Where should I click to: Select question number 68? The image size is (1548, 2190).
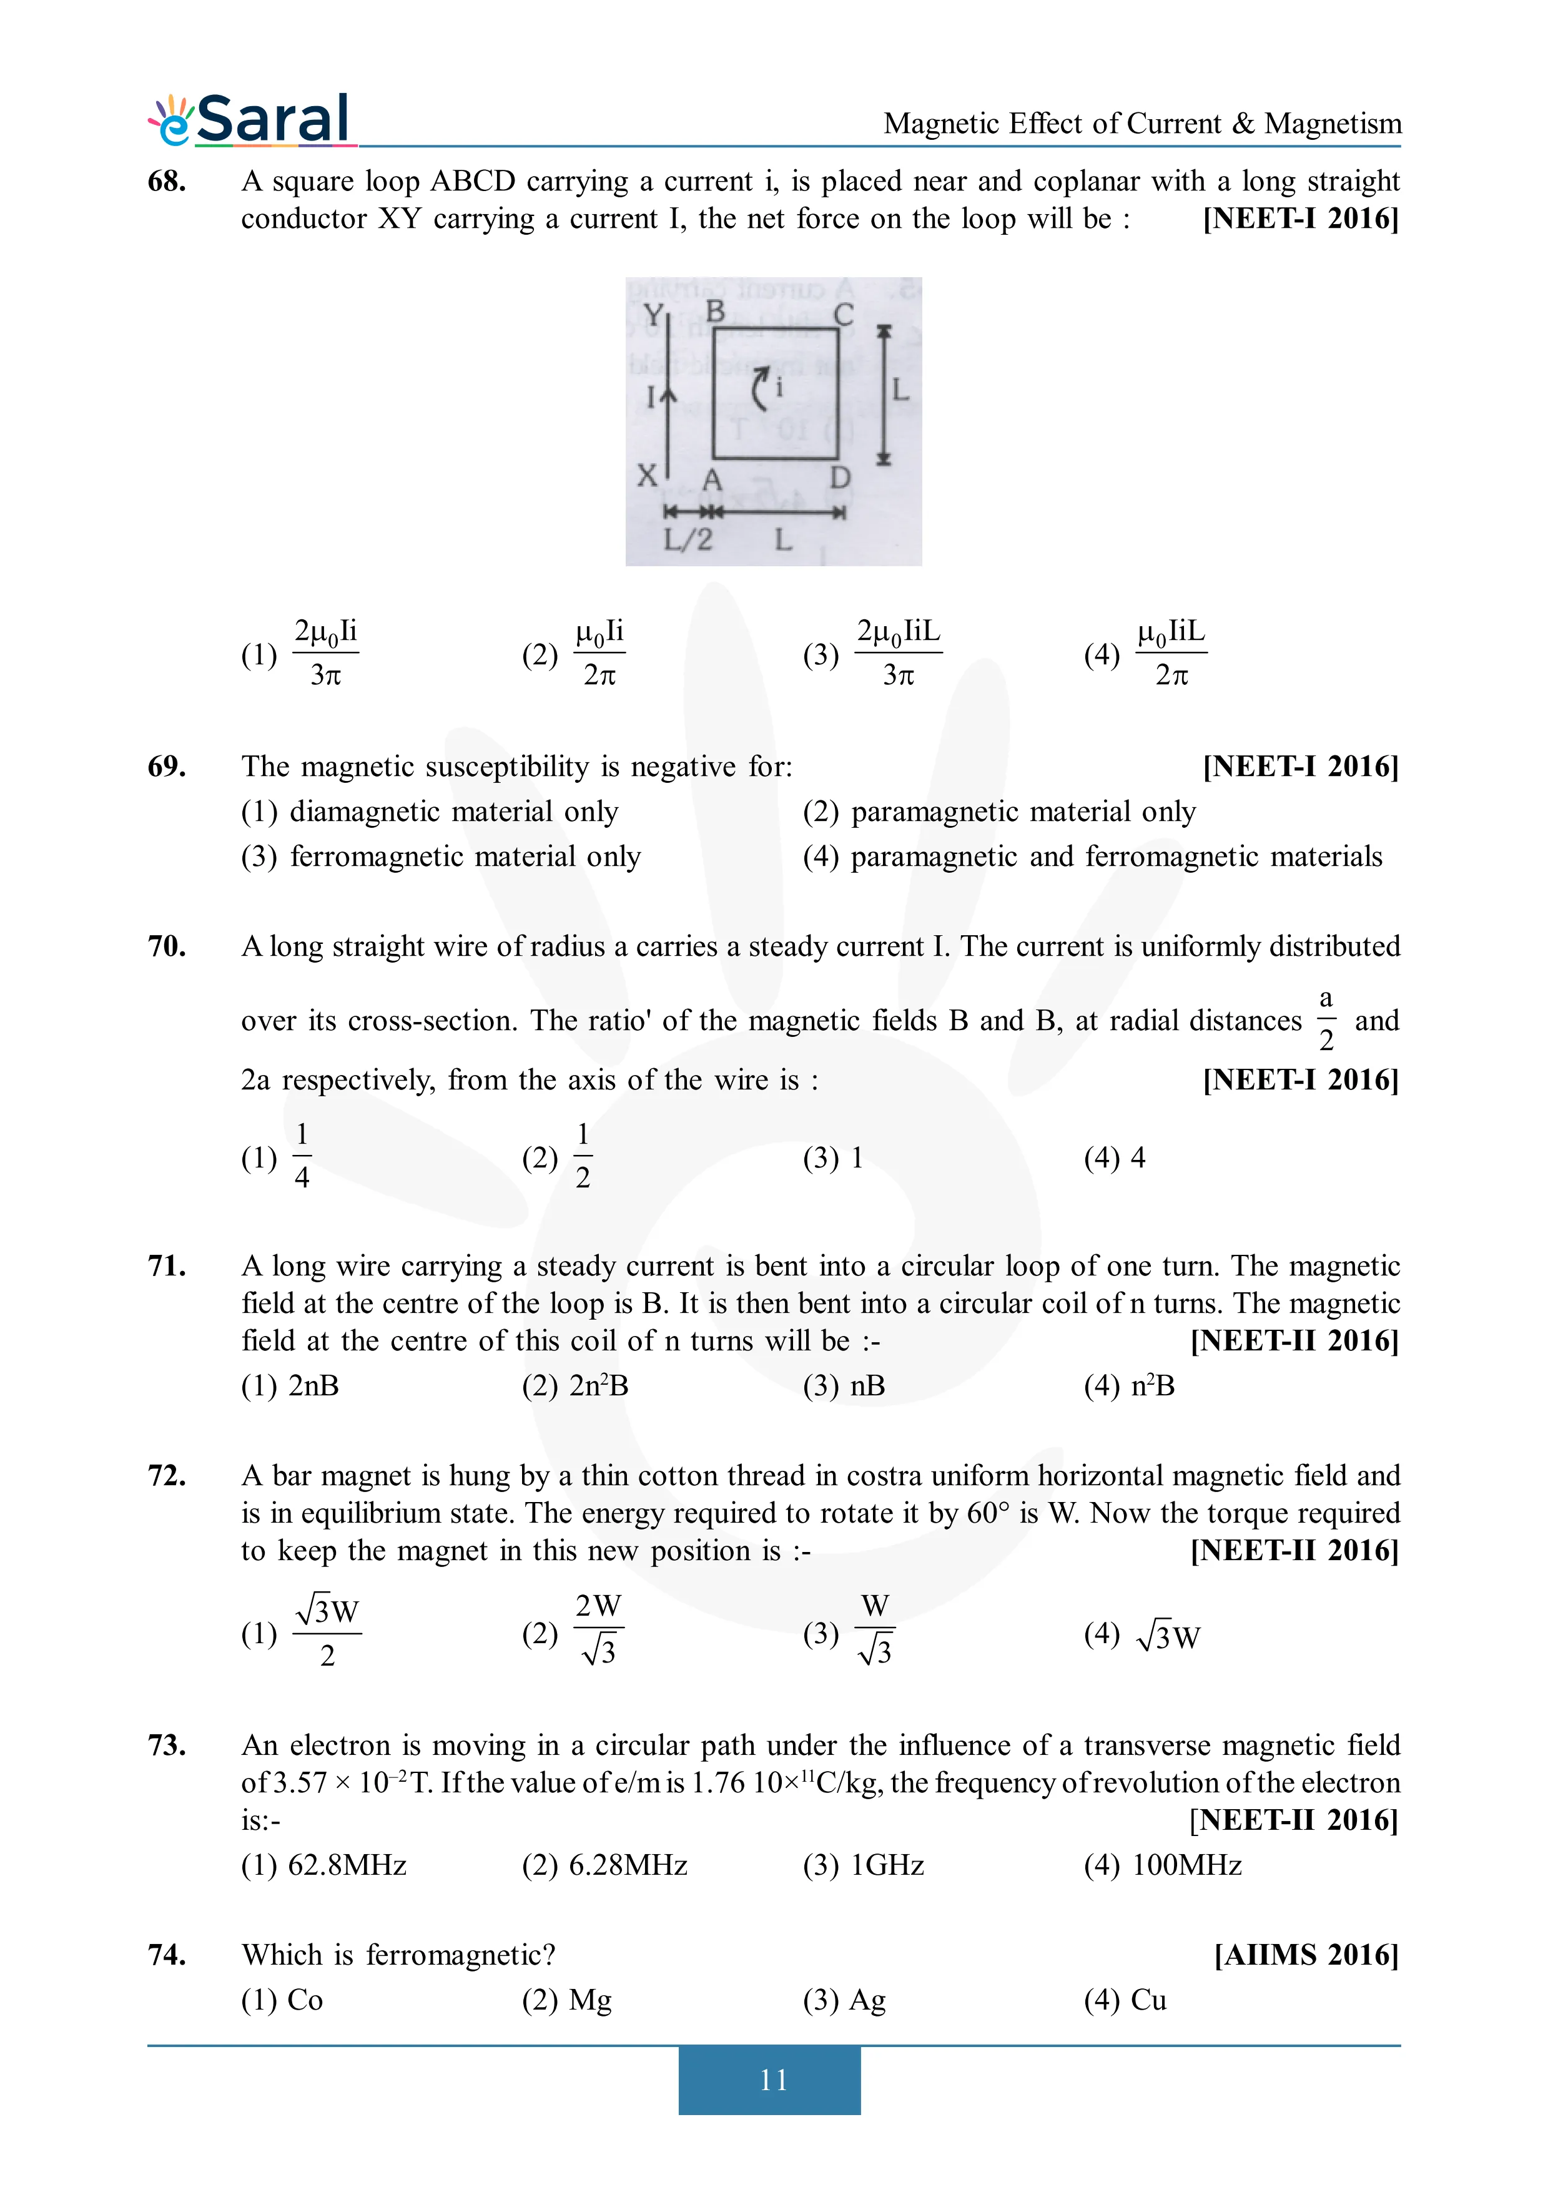[167, 181]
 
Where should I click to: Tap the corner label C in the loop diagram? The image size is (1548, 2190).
[843, 315]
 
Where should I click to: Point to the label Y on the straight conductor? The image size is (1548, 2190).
[653, 315]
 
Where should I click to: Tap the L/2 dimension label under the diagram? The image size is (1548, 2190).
[688, 540]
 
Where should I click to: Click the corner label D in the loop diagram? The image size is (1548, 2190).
[839, 477]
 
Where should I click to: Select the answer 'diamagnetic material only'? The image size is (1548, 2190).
[453, 812]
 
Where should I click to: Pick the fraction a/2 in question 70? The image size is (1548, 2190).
[1325, 1019]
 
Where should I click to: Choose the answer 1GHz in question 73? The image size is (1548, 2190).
[886, 1865]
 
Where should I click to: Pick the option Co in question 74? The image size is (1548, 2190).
[304, 2000]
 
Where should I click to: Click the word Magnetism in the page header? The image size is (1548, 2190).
[1333, 124]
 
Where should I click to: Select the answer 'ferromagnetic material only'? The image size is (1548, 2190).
[465, 857]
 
